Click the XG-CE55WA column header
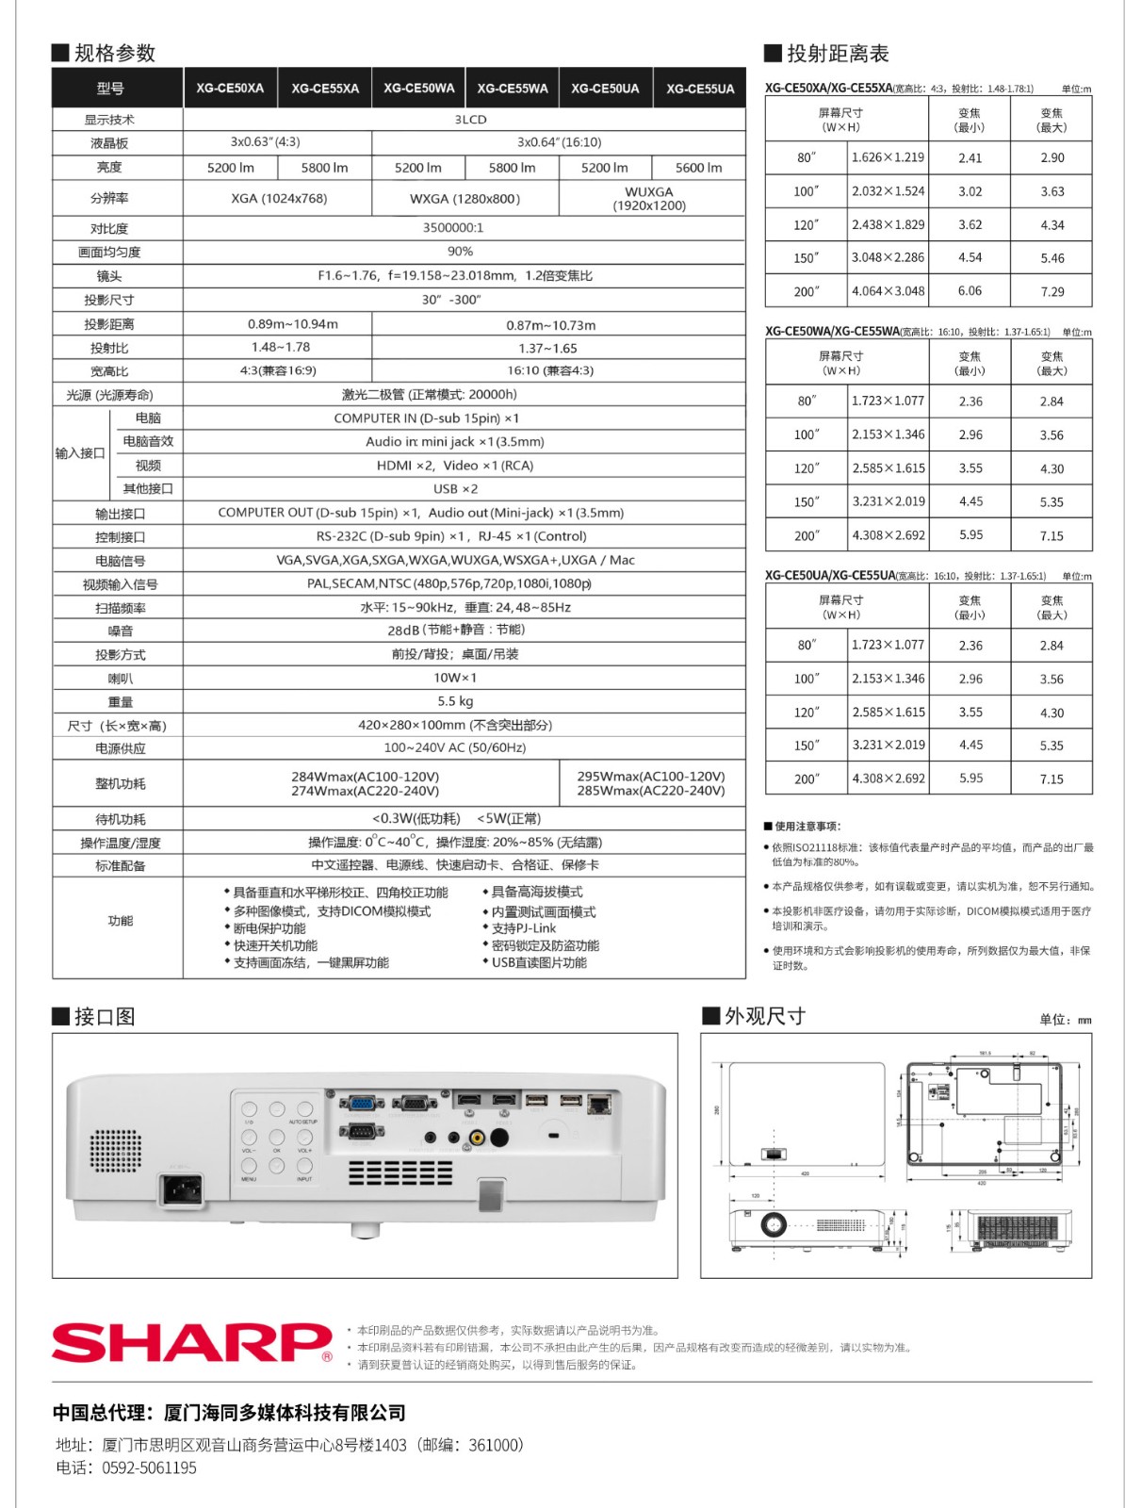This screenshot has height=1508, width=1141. [512, 89]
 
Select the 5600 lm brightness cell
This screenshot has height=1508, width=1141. [698, 168]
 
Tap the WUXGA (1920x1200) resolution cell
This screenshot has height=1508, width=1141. [649, 199]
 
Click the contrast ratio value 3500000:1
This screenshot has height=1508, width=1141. [453, 228]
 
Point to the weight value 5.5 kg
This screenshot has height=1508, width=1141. [455, 701]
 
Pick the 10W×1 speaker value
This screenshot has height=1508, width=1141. [455, 678]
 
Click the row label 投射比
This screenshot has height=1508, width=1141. [109, 348]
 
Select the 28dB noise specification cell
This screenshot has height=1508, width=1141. [456, 630]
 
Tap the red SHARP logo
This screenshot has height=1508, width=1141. [191, 1342]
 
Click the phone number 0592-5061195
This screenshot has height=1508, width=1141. [149, 1467]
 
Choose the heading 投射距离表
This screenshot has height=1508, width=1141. [837, 54]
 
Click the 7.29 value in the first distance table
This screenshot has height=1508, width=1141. [1051, 291]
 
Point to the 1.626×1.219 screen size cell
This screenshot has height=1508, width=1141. [888, 157]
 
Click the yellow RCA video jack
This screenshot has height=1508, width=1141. [478, 1138]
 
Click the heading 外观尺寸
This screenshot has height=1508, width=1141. [764, 1016]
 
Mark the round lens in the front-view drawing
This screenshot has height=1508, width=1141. [774, 1224]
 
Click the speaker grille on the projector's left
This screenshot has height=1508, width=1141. [114, 1151]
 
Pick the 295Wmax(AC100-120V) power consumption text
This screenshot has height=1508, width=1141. [651, 777]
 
